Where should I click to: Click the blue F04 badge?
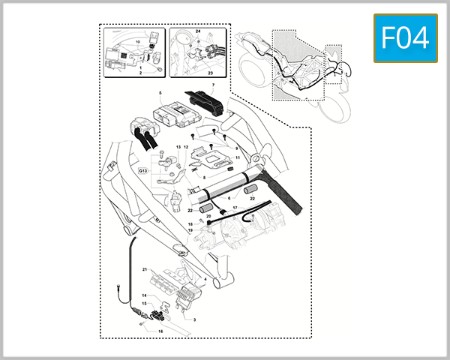pos(404,38)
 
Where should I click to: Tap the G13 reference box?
pos(143,171)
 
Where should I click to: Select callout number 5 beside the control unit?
pos(160,94)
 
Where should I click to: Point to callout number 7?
pos(212,85)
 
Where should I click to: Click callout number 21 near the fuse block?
pos(143,268)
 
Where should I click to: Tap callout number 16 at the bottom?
pos(159,329)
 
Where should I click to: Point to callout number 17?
pos(234,208)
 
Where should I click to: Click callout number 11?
pos(238,158)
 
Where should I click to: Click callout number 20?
pos(209,217)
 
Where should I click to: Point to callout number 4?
pos(205,279)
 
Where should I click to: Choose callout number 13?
pos(178,147)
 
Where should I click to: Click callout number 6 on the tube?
pos(219,196)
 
